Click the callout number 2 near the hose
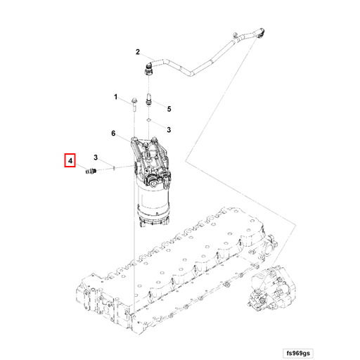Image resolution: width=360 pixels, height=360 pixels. point(138,51)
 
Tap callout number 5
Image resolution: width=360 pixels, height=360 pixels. point(169,108)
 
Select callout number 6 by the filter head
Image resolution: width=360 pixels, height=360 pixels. point(112,134)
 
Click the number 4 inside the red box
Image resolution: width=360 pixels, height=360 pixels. point(70,162)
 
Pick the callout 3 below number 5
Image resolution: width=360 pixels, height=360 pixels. point(169,130)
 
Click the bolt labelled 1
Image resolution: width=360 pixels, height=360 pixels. point(132,105)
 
